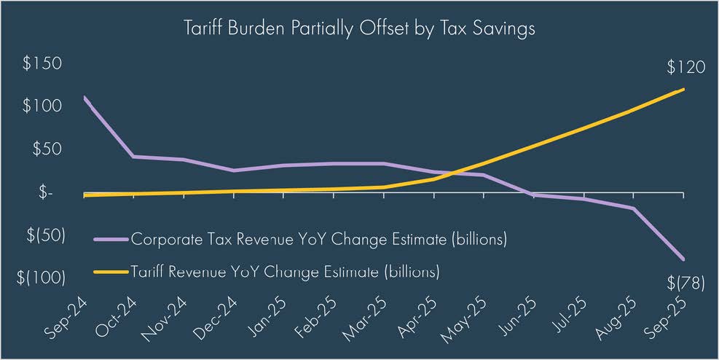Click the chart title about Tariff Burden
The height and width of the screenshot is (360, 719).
point(360,30)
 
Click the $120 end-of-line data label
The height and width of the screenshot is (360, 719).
point(685,68)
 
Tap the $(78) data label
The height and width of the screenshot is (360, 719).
point(685,283)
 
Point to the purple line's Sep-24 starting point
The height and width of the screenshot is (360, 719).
point(84,97)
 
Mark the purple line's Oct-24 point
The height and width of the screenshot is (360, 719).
point(133,157)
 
